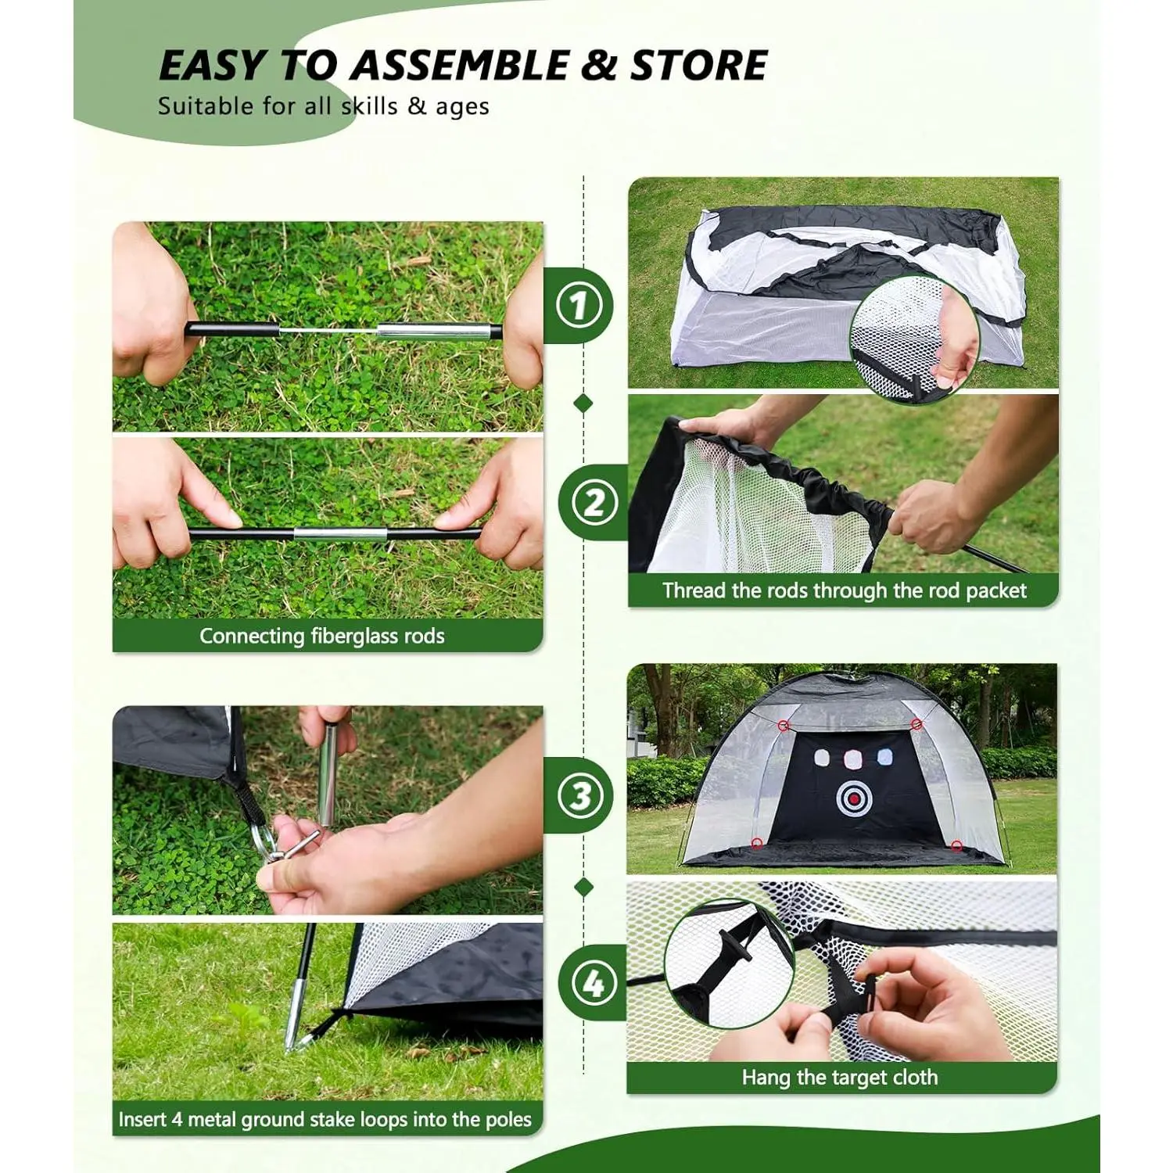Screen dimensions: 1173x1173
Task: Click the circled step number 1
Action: (x=579, y=305)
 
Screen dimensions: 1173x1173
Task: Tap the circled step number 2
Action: (x=594, y=502)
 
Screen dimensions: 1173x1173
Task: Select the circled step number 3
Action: (x=579, y=796)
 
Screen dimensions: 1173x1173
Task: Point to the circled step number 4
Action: (x=594, y=982)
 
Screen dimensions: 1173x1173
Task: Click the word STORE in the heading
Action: (x=698, y=65)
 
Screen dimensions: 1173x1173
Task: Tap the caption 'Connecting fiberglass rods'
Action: (x=322, y=636)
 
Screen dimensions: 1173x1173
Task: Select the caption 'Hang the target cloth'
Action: (x=840, y=1078)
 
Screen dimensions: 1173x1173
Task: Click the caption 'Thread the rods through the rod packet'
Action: (x=845, y=590)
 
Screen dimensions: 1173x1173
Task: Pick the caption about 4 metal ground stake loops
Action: (x=325, y=1119)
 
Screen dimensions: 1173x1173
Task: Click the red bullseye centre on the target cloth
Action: (x=855, y=798)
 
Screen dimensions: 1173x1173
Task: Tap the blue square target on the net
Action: (x=884, y=756)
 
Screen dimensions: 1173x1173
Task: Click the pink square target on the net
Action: (x=853, y=757)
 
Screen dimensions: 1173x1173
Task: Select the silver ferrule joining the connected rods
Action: (x=341, y=535)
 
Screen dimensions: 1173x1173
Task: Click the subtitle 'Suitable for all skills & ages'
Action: (x=323, y=106)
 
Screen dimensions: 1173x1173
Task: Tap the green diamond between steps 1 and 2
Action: (x=583, y=404)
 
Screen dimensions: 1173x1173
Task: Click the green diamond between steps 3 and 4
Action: (x=583, y=888)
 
